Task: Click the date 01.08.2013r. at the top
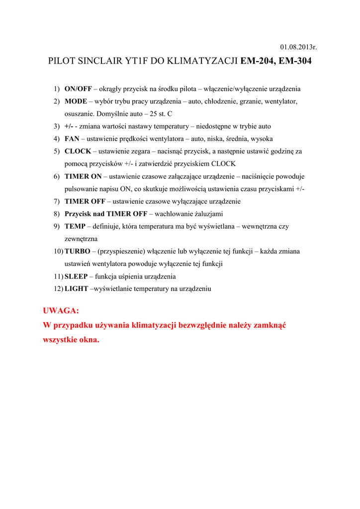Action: [298, 47]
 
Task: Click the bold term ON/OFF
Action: [78, 89]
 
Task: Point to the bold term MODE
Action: [76, 101]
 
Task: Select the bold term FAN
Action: [71, 139]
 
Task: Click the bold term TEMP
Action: [74, 226]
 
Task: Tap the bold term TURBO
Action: [77, 251]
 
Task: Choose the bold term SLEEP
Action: [76, 276]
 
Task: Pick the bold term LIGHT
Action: [76, 289]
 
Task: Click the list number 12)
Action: [59, 289]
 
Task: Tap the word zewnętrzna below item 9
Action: [81, 239]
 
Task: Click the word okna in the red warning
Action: [89, 340]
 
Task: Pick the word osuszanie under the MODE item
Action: [81, 114]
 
